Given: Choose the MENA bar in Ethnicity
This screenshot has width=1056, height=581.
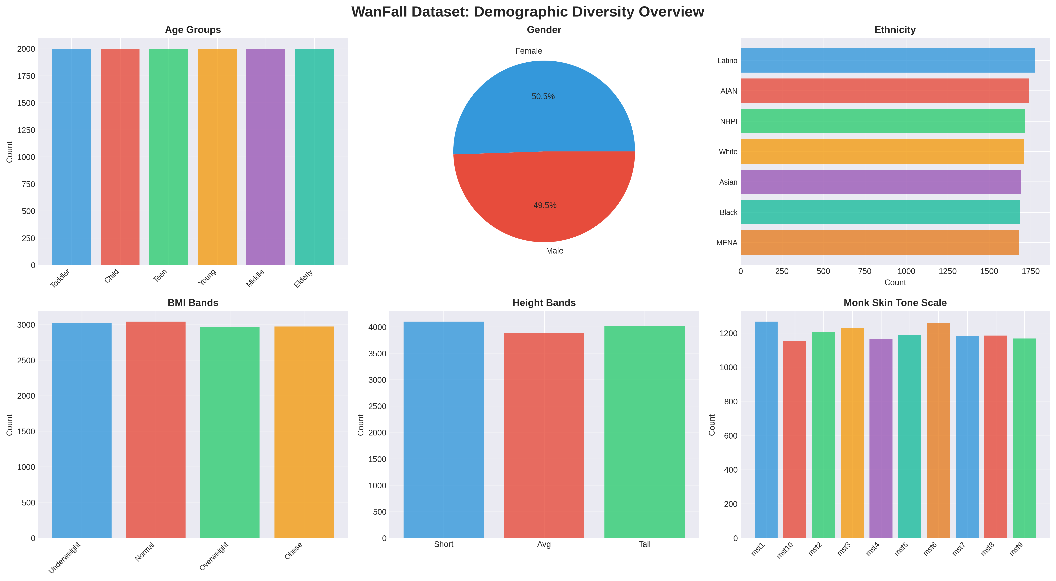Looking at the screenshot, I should tap(879, 243).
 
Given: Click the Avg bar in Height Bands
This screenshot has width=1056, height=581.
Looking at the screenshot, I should tap(544, 435).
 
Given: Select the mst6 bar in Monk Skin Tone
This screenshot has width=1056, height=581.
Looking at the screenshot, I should tap(938, 430).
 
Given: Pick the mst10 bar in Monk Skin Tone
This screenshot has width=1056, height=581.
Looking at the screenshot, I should tap(795, 439).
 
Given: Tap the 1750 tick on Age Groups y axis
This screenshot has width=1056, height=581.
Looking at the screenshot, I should tap(26, 76).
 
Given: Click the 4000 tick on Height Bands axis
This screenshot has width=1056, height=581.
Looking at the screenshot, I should tap(377, 327).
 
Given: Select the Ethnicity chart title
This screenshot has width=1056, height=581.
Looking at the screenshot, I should tap(895, 30).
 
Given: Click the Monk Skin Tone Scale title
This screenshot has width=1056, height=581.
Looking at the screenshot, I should tap(895, 303).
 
